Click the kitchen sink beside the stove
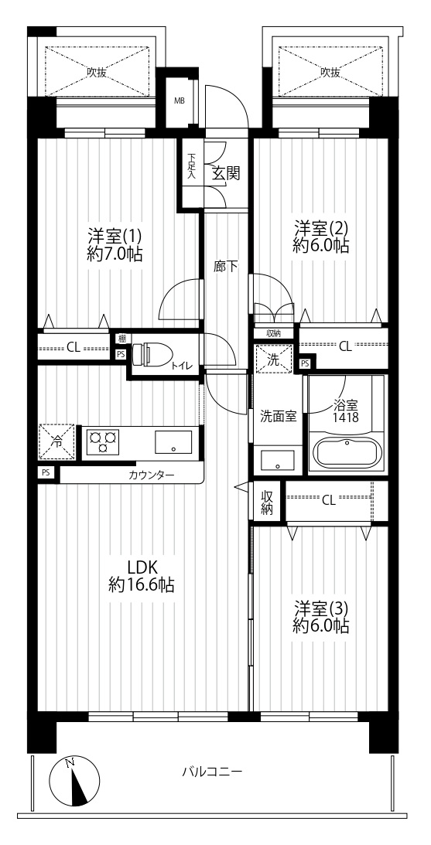coord(173,442)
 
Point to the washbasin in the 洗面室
coord(277,461)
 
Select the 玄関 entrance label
coord(225,173)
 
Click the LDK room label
coord(142,567)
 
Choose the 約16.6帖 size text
coord(142,585)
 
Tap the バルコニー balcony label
coord(212,772)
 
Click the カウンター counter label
coord(152,475)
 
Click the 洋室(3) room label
coord(321,608)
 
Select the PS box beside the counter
coord(46,472)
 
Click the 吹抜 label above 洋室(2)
coord(330,72)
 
